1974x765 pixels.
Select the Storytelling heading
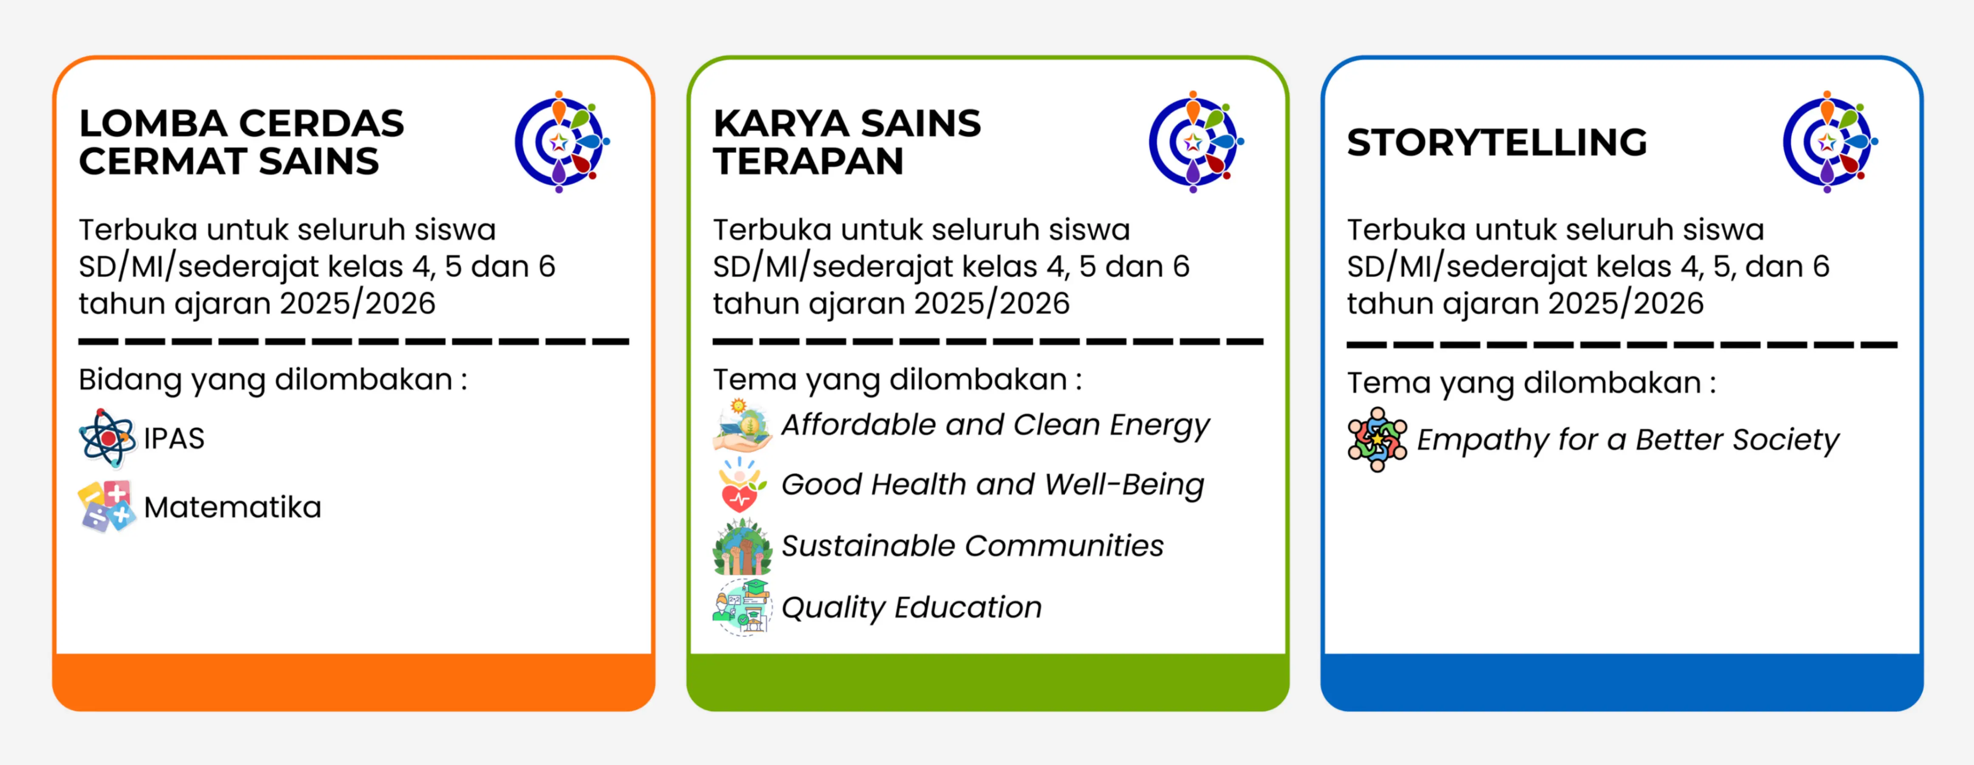(1497, 143)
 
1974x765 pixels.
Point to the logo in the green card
(1196, 142)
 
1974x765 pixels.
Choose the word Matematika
(232, 507)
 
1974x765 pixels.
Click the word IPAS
(174, 439)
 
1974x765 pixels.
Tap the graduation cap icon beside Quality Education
(742, 607)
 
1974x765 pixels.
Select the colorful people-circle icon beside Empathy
(1377, 439)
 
